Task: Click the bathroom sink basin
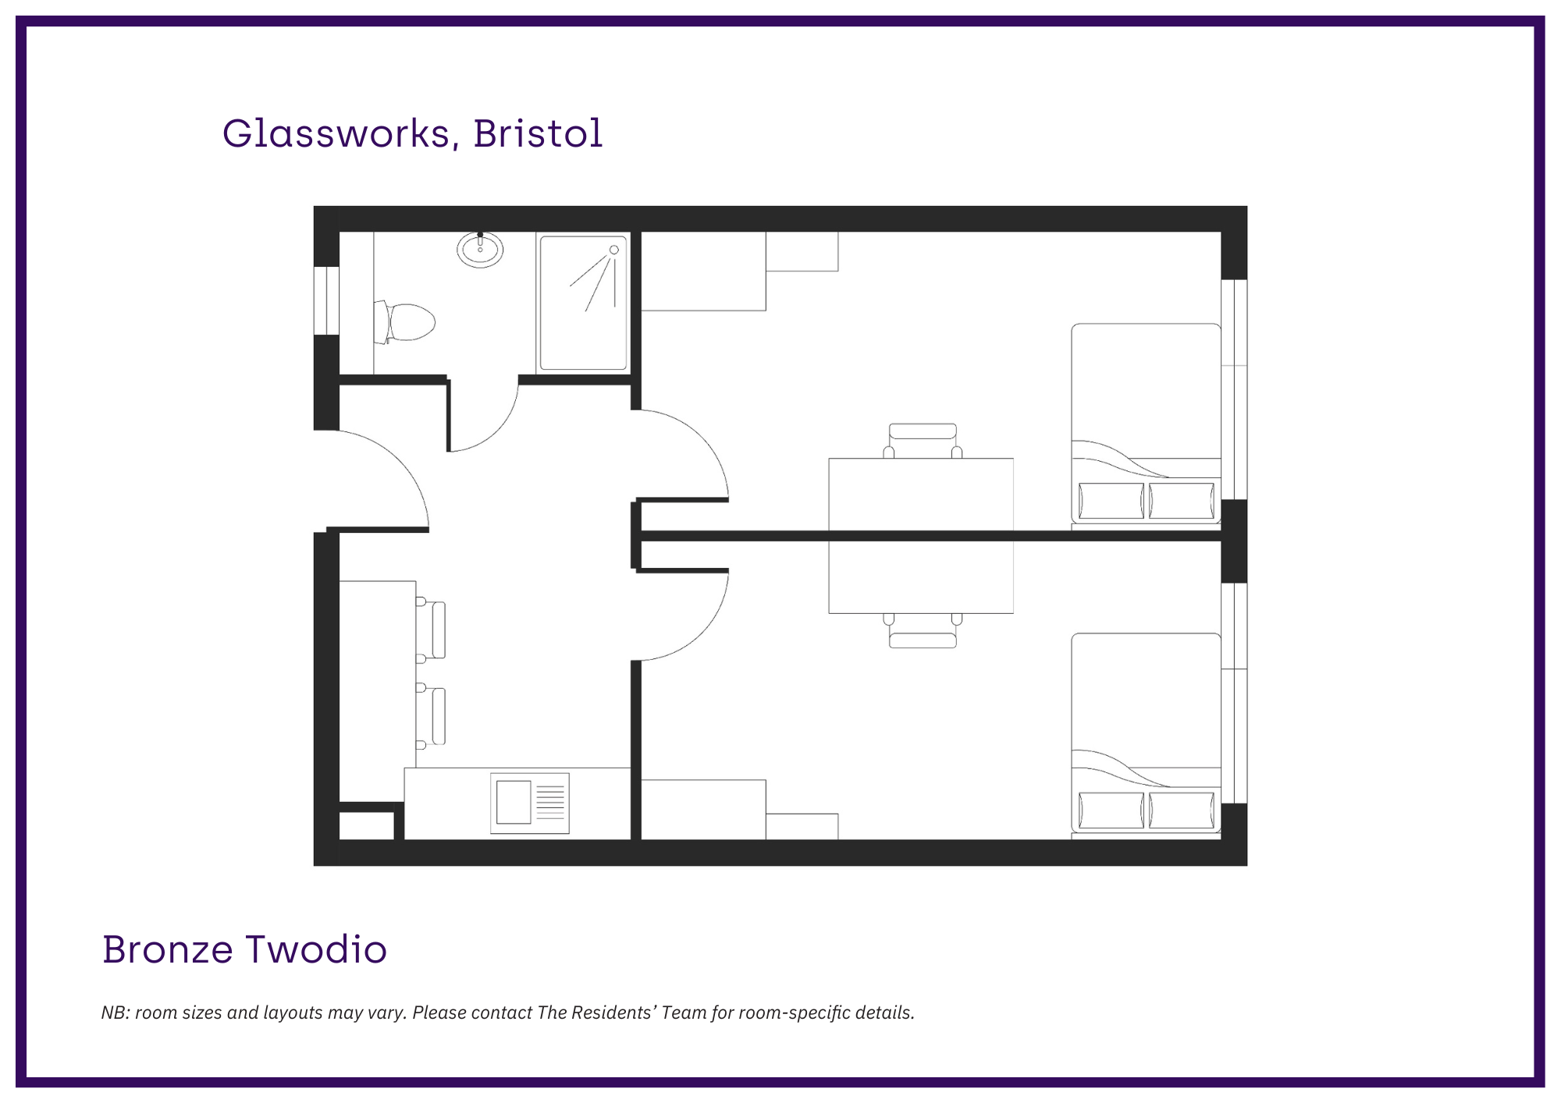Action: pyautogui.click(x=480, y=250)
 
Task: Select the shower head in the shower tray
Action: pyautogui.click(x=614, y=250)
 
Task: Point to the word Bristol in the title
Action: pyautogui.click(x=538, y=133)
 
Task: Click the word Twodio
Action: pyautogui.click(x=316, y=949)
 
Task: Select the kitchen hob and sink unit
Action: pyautogui.click(x=530, y=803)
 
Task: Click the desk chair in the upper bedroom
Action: pyautogui.click(x=923, y=441)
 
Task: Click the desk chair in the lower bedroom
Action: pyautogui.click(x=923, y=630)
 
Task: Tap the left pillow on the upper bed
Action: pyautogui.click(x=1111, y=501)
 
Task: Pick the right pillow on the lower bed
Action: pyautogui.click(x=1182, y=810)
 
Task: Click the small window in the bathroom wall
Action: pyautogui.click(x=326, y=301)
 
